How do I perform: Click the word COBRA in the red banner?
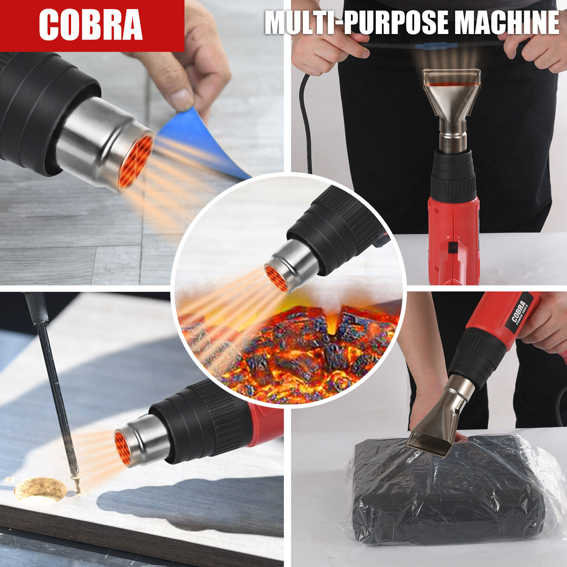(91, 25)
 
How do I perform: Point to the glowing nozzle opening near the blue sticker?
(135, 161)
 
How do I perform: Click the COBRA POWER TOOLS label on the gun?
(522, 311)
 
